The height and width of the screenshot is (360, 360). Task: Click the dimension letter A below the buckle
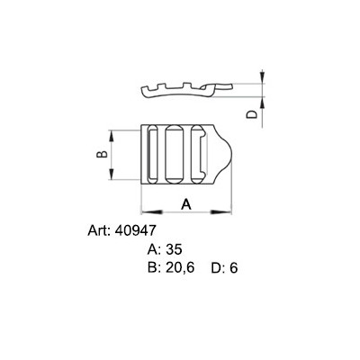click(x=186, y=202)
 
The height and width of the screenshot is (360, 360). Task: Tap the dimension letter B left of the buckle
click(x=102, y=156)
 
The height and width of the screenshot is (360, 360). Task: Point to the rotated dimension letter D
click(x=253, y=113)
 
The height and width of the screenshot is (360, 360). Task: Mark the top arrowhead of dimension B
click(x=112, y=134)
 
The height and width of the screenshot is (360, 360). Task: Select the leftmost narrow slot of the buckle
click(x=150, y=155)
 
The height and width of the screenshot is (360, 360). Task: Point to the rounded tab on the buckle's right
click(x=223, y=155)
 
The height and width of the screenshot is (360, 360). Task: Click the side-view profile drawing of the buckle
click(x=184, y=88)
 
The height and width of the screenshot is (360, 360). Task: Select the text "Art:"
click(x=99, y=230)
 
